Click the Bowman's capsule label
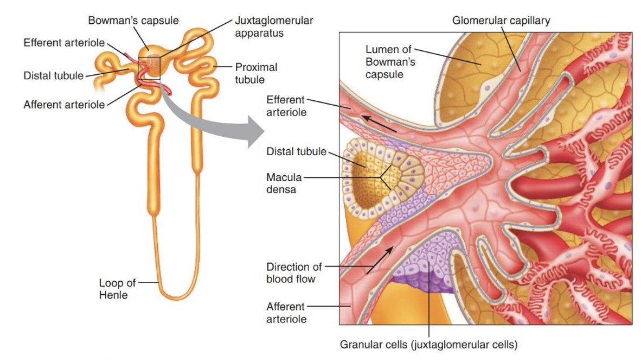click(134, 20)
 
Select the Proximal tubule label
click(256, 73)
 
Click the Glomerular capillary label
click(501, 20)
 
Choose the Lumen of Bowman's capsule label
click(390, 62)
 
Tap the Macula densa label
click(281, 183)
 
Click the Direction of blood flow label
click(294, 273)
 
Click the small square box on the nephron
click(149, 67)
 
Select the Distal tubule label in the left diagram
click(53, 75)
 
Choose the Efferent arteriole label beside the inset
click(286, 106)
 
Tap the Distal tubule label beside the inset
click(296, 151)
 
